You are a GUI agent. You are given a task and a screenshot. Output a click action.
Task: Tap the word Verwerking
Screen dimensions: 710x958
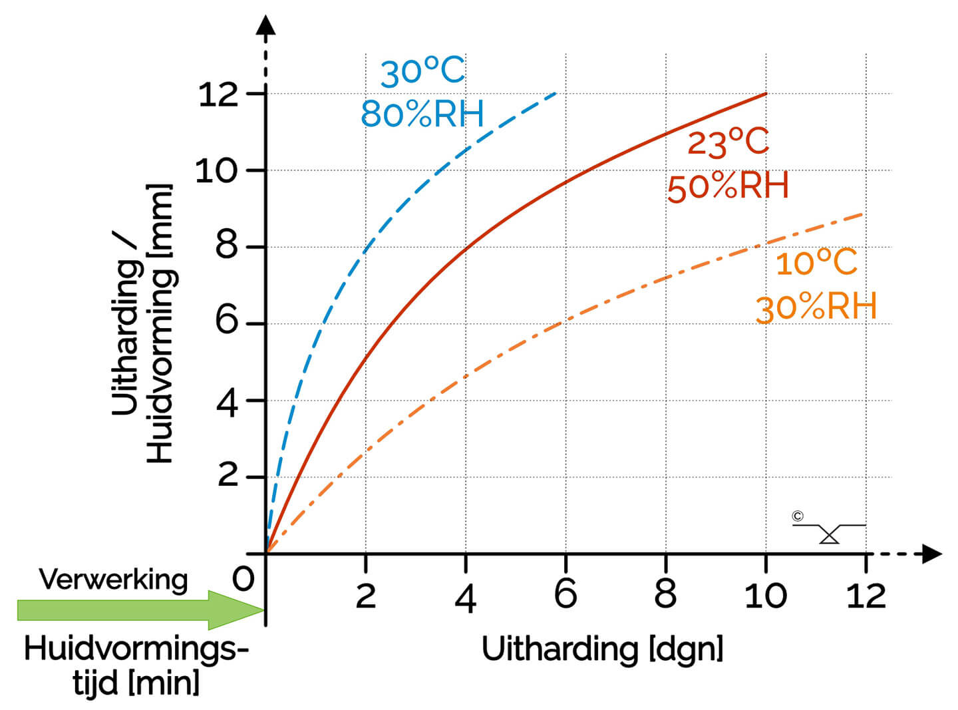click(113, 580)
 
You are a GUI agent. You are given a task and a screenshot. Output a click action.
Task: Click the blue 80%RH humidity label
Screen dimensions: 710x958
click(422, 114)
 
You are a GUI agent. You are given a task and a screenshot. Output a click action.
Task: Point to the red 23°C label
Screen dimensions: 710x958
click(728, 142)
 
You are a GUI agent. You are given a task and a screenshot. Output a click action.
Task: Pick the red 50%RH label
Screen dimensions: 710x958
click(728, 186)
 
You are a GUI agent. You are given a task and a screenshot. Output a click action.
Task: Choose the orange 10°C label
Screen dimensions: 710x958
click(816, 262)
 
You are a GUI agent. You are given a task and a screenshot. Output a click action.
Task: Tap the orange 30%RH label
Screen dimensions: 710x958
click(816, 307)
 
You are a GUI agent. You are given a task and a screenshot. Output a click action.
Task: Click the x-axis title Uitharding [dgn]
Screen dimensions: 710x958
click(602, 649)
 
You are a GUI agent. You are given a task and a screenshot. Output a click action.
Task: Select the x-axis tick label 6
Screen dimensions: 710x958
click(565, 594)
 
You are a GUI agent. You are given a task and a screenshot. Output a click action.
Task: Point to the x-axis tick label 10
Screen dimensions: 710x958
click(765, 595)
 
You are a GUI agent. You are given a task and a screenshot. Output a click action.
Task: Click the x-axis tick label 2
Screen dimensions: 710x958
click(366, 596)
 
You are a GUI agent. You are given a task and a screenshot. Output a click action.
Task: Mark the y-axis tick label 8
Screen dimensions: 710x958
click(227, 246)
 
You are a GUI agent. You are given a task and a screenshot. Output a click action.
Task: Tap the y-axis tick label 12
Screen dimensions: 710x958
click(218, 94)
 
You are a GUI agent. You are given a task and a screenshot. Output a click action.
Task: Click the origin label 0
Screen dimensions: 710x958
click(243, 580)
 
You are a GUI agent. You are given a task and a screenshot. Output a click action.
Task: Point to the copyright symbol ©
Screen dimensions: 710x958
click(798, 516)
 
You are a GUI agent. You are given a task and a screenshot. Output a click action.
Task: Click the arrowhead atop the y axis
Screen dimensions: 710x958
click(266, 25)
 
